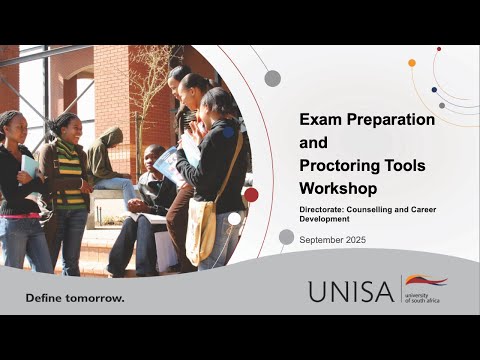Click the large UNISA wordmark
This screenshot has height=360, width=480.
pyautogui.click(x=351, y=291)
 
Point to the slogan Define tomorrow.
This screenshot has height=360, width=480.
pyautogui.click(x=75, y=298)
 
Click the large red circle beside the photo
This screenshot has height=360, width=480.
pyautogui.click(x=251, y=194)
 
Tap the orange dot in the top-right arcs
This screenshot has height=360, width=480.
pyautogui.click(x=412, y=63)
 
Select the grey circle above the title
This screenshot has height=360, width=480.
pyautogui.click(x=272, y=78)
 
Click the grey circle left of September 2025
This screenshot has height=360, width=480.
pyautogui.click(x=286, y=237)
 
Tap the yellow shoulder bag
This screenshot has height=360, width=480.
pyautogui.click(x=201, y=233)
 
